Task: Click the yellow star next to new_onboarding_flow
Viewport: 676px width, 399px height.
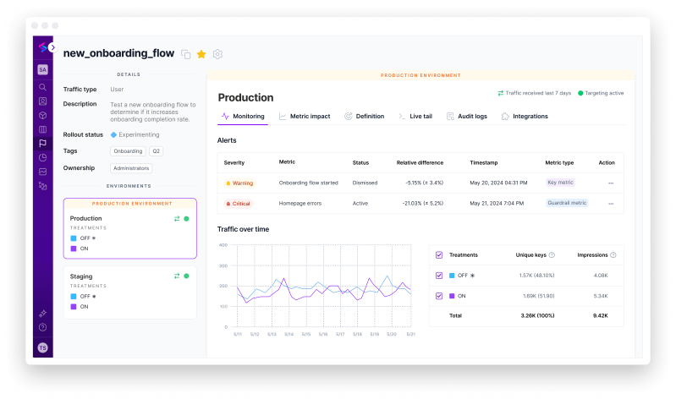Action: pos(201,54)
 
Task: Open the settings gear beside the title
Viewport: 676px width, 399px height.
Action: pos(217,54)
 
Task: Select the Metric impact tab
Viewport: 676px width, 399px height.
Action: pos(305,116)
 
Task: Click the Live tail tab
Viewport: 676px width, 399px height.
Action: pos(415,116)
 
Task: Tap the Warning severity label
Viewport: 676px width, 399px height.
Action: pos(239,183)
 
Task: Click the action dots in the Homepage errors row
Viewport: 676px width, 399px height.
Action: pos(610,204)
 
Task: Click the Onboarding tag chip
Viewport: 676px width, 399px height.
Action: pos(127,150)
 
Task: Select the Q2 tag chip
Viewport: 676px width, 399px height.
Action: pos(157,150)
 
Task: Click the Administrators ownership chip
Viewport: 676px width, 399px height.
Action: pos(131,167)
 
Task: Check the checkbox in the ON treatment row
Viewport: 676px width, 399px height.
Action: pos(438,296)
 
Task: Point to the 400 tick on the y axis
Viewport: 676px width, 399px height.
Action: pos(223,245)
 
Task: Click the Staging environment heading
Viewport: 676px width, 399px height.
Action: pos(82,276)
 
